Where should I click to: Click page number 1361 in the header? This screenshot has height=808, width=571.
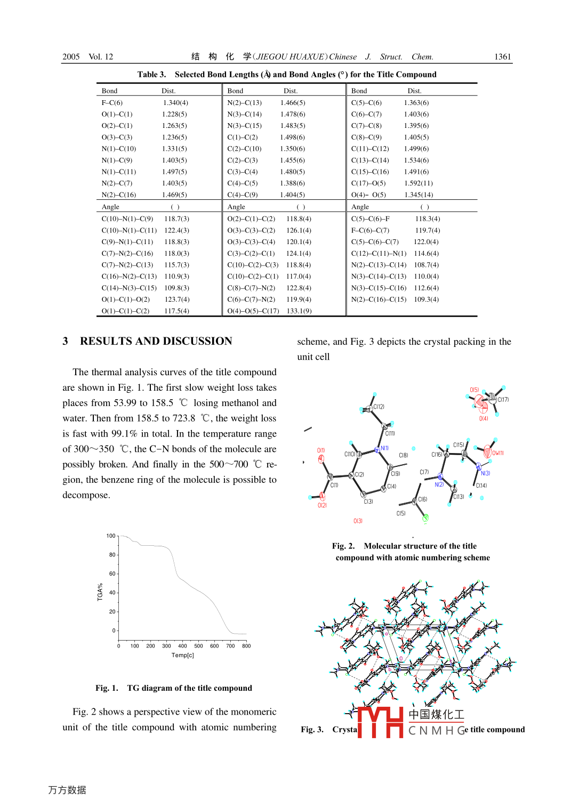[x=502, y=56]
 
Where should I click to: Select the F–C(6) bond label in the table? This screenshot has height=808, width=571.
[x=112, y=103]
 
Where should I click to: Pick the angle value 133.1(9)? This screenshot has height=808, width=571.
[x=299, y=311]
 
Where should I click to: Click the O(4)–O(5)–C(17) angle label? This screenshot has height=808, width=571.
[x=253, y=311]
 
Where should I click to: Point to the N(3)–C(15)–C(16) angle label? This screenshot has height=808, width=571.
[x=379, y=288]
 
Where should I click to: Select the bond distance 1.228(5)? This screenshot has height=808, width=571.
[x=174, y=114]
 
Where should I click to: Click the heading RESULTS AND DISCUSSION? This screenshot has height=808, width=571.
[x=156, y=341]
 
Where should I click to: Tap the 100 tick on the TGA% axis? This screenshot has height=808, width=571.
[x=111, y=536]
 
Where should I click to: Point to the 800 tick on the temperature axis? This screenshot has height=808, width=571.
[x=246, y=646]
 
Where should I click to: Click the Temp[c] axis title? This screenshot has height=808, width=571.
[x=182, y=655]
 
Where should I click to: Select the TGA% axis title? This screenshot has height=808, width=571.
[x=100, y=592]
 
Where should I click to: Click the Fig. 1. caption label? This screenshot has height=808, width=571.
[x=107, y=688]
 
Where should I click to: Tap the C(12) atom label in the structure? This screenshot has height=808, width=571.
[x=379, y=407]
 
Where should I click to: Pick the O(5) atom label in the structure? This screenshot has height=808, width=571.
[x=474, y=390]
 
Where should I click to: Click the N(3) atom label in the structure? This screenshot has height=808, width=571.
[x=485, y=473]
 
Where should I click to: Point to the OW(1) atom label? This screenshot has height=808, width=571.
[x=497, y=453]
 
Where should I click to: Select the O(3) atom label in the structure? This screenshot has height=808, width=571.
[x=358, y=521]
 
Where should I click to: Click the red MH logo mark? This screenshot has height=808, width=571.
[x=380, y=722]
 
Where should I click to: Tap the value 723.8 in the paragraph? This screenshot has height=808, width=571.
[x=183, y=418]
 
